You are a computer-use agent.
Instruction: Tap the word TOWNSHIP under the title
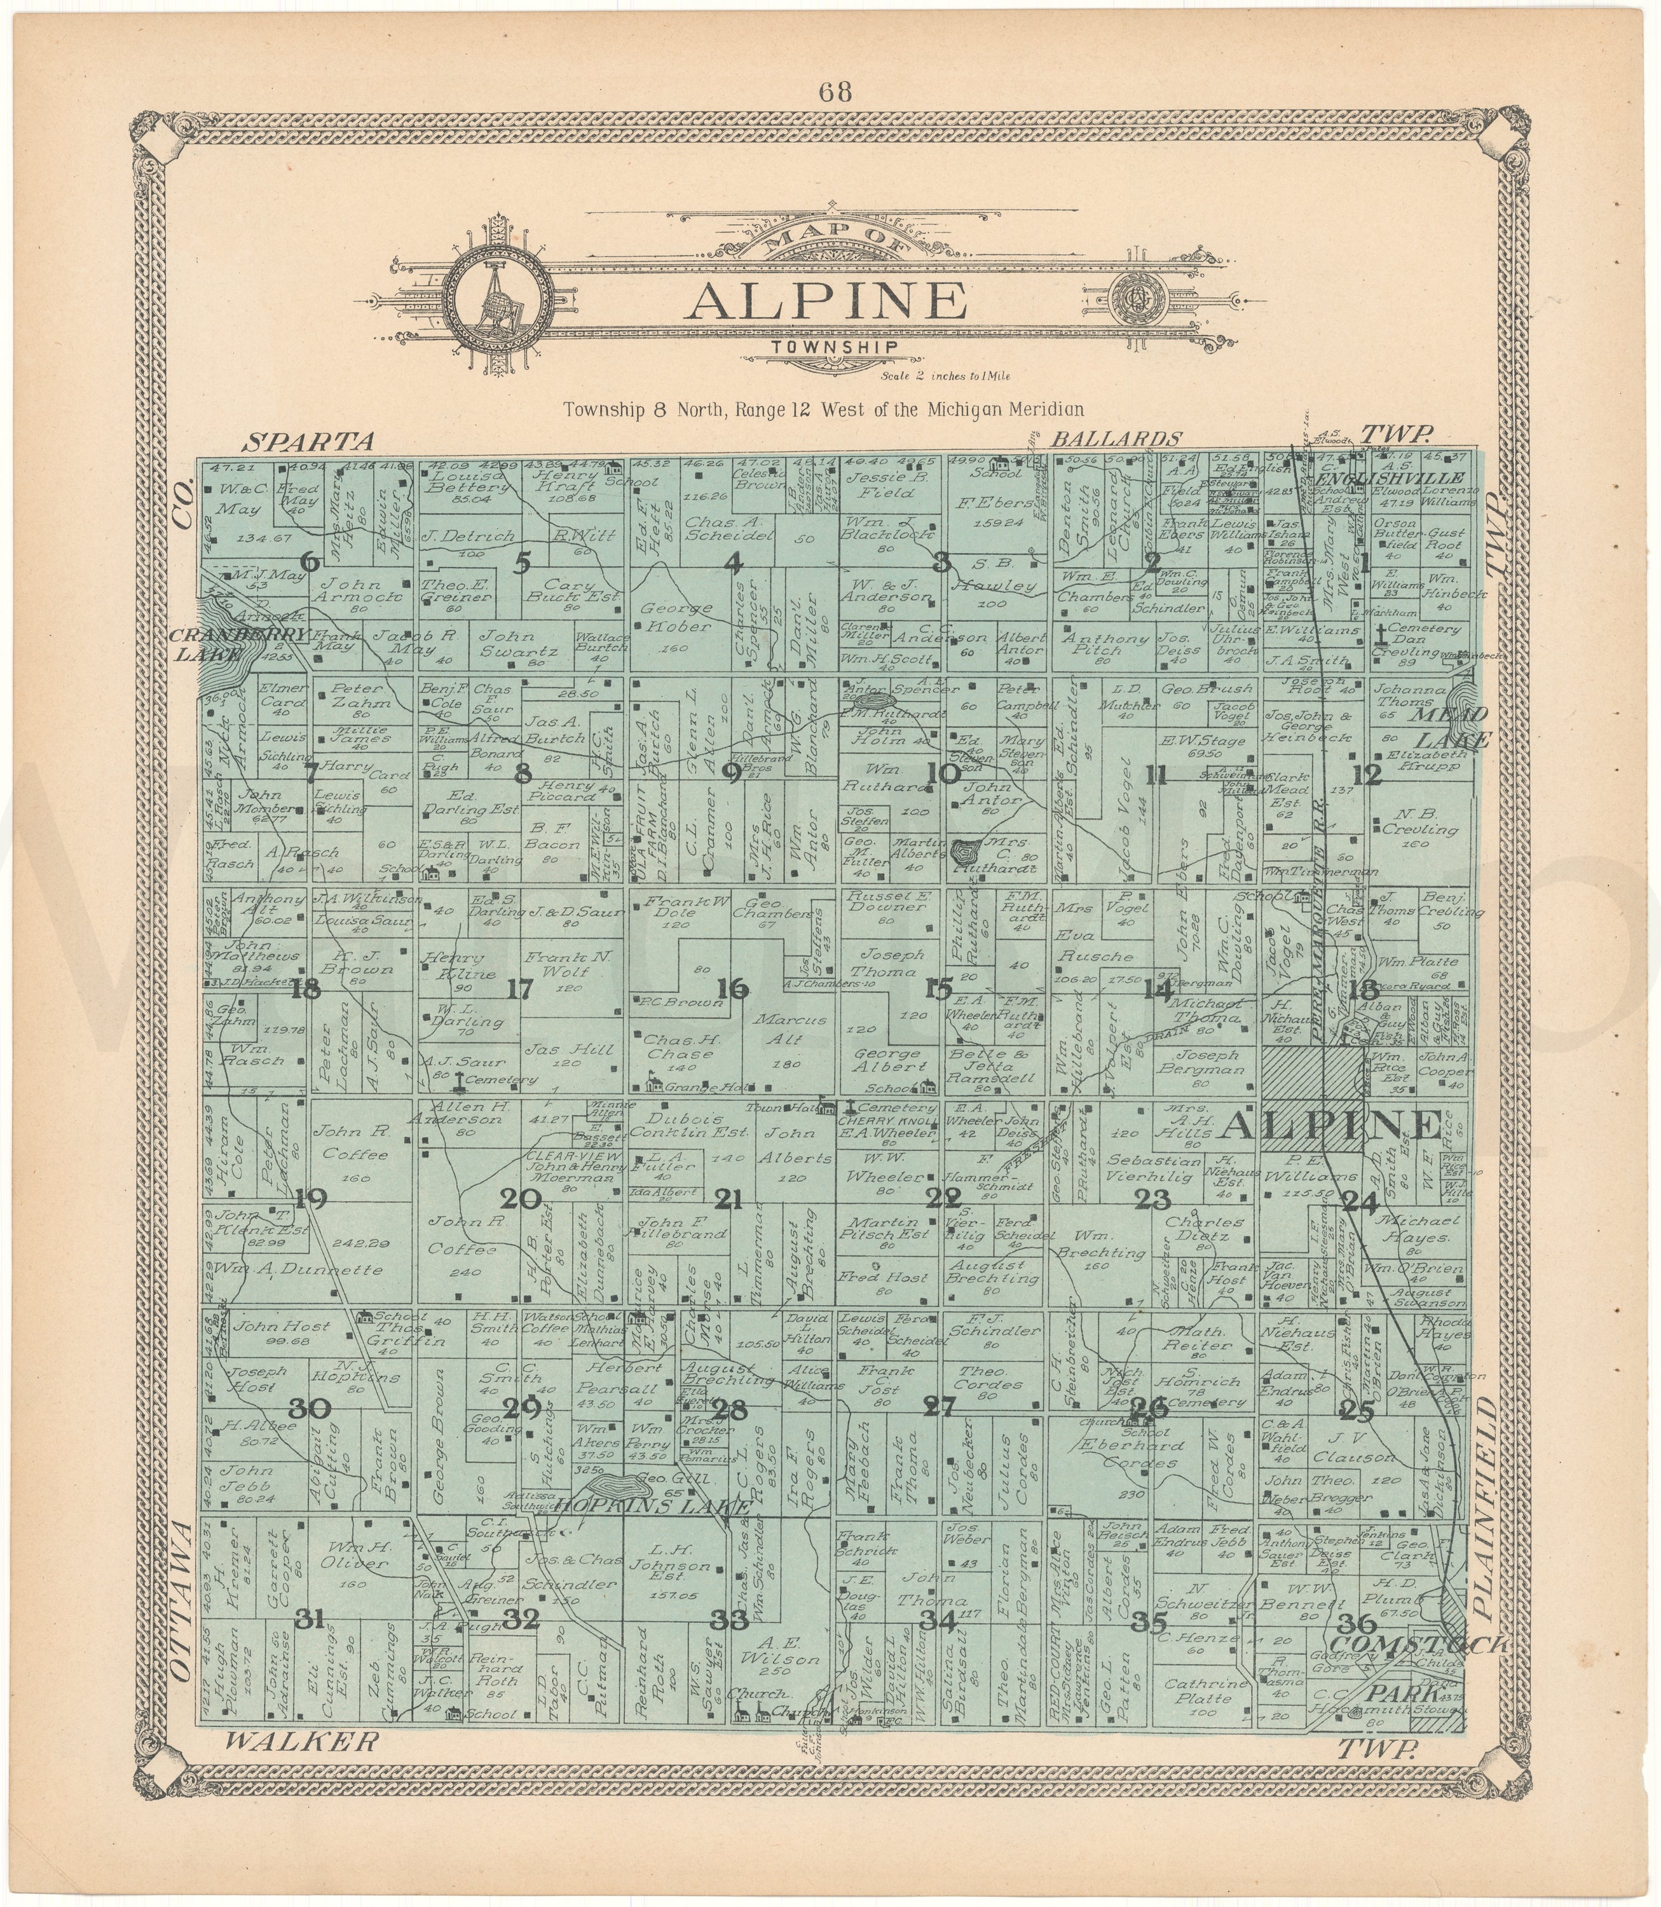(831, 346)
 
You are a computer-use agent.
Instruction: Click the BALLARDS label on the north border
(1117, 439)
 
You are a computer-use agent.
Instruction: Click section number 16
(732, 988)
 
